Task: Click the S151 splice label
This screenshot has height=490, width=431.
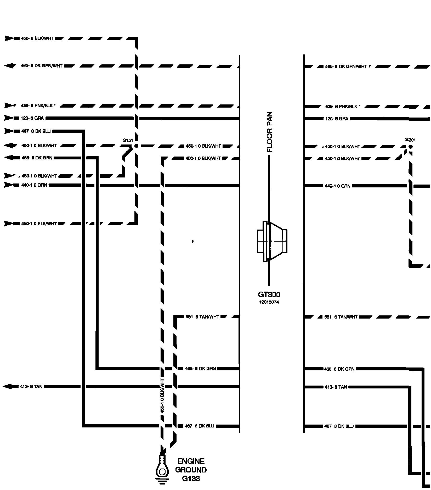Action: (x=128, y=140)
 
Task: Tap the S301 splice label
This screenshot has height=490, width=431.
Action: (x=410, y=140)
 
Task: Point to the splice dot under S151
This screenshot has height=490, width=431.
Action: (x=136, y=146)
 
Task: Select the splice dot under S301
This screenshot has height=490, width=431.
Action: (x=410, y=147)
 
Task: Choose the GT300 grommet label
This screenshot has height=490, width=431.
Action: (x=269, y=294)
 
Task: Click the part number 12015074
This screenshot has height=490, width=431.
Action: (x=269, y=302)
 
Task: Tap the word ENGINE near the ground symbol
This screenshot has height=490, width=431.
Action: (x=191, y=461)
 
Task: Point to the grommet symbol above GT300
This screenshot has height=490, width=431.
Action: (x=272, y=241)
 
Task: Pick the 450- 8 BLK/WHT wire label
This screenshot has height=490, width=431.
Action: (x=37, y=38)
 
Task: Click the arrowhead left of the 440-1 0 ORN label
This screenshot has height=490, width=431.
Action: (x=9, y=185)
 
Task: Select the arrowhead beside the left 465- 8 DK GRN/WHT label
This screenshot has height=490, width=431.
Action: (x=10, y=66)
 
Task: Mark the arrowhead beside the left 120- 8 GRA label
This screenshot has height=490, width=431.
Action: (x=9, y=118)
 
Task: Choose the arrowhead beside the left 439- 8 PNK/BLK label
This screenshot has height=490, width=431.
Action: (x=9, y=106)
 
